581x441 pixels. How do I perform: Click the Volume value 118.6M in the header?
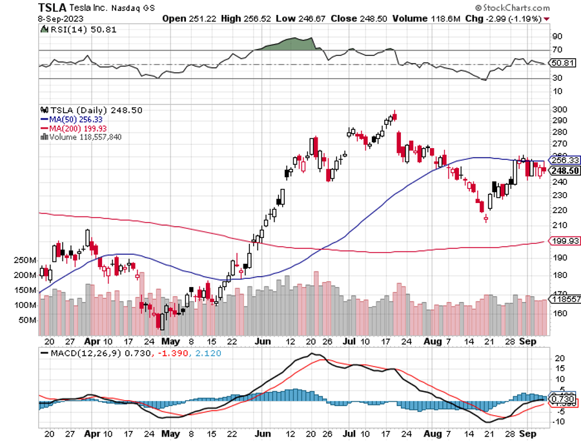(x=445, y=18)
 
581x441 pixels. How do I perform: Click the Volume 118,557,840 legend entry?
(x=84, y=136)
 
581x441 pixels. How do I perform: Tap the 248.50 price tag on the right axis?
(x=563, y=170)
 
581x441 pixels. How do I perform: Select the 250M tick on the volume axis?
(x=25, y=260)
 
